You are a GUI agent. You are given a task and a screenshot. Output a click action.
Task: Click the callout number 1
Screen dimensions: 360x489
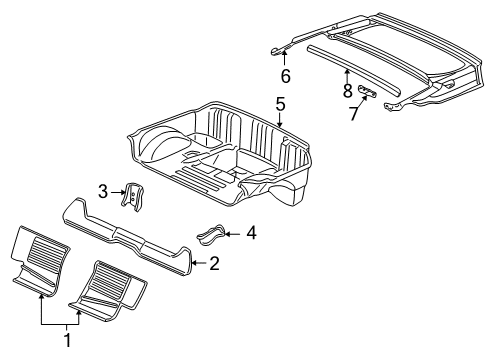(68, 341)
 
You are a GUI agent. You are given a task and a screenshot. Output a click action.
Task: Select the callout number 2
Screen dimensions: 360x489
(213, 264)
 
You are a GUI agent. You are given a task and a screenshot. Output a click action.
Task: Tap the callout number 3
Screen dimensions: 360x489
(102, 190)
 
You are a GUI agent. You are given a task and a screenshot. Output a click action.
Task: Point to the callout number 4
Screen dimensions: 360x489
(251, 234)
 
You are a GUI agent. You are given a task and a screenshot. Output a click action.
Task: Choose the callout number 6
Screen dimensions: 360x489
(285, 75)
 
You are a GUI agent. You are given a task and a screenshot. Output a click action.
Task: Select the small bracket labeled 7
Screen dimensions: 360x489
(368, 91)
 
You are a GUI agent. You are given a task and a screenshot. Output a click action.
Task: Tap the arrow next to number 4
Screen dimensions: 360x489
(232, 234)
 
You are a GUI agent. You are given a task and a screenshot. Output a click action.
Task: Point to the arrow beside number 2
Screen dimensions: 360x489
(198, 264)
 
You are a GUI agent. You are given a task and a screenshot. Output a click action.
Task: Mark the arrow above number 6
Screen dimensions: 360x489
(284, 58)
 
